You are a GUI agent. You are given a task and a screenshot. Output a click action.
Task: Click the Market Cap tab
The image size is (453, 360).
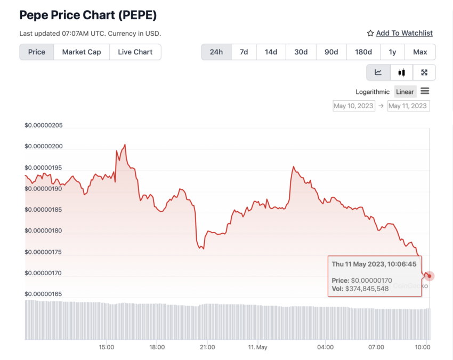coord(82,52)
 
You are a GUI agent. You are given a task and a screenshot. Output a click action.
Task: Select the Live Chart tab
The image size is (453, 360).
coord(135,52)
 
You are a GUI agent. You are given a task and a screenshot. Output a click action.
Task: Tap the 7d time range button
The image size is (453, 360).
coord(244,52)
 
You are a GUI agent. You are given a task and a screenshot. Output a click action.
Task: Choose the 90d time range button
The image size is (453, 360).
coord(331,52)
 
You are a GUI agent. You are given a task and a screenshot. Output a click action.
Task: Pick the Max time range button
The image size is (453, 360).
coord(420,52)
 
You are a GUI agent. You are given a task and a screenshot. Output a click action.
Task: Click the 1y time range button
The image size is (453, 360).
coord(392,52)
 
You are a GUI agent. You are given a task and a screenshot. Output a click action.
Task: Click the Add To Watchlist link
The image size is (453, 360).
coord(404,33)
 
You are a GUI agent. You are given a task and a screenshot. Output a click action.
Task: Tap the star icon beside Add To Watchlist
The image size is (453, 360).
coord(370,33)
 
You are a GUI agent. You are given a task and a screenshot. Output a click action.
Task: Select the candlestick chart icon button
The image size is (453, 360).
coord(401,73)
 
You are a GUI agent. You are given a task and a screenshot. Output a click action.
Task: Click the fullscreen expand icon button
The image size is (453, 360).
coord(424,73)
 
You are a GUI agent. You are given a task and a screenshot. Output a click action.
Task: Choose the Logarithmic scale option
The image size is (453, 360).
coord(373,92)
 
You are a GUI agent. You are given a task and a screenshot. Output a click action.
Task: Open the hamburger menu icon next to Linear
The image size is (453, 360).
coord(425,91)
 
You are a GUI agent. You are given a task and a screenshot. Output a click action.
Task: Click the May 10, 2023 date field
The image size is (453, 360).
coord(353,106)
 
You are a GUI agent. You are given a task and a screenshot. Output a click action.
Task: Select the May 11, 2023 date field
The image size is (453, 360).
coord(408,106)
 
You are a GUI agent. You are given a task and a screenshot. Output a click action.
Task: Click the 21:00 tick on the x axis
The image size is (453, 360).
coord(207,347)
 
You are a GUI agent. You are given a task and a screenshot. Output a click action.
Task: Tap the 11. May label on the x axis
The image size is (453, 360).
coord(257,347)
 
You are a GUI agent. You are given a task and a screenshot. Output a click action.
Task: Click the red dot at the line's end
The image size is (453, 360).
coord(430,276)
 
